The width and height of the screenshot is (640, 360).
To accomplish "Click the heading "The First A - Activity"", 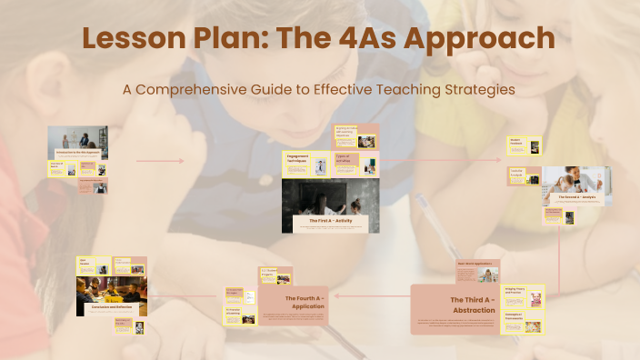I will click(x=330, y=221).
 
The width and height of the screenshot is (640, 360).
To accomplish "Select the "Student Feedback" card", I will click(x=525, y=145).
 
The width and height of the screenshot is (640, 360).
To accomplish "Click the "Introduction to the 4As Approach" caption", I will click(x=76, y=151).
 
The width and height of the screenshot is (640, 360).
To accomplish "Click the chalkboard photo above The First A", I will click(x=330, y=197).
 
